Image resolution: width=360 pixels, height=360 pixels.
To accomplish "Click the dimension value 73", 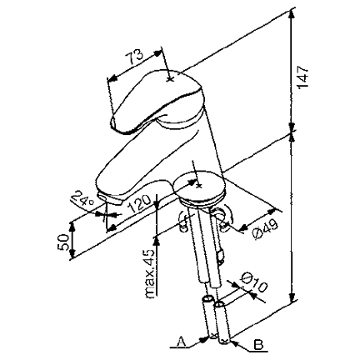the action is [x=134, y=57].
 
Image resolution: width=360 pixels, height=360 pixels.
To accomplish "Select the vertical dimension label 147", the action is [x=303, y=77].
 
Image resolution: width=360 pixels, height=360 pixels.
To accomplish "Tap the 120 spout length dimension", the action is [x=139, y=203].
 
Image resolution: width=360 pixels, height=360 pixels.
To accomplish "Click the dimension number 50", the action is [x=63, y=242].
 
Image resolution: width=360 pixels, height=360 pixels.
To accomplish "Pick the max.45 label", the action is [x=150, y=273].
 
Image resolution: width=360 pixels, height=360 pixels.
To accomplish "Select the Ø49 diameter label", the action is [x=265, y=229].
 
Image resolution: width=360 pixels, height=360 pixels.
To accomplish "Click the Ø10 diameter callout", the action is [x=253, y=282].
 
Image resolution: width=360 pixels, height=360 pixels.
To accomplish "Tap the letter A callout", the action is [x=182, y=341].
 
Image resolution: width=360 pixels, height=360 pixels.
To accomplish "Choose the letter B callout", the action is [x=258, y=345].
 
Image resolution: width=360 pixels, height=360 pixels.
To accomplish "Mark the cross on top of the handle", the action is [x=170, y=79].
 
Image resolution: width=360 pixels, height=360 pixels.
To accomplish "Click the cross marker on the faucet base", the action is [x=198, y=185].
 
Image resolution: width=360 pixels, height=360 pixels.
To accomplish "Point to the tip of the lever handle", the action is [x=113, y=124].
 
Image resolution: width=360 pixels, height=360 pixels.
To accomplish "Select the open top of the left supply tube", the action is [x=207, y=300].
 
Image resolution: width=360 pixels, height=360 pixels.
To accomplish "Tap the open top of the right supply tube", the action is [x=220, y=303].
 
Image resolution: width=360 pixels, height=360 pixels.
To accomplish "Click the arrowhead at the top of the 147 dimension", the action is [x=291, y=14].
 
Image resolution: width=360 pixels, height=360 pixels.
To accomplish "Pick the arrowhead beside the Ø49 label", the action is [x=243, y=227].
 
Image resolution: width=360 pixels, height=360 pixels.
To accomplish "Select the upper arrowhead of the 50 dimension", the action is [x=72, y=227].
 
